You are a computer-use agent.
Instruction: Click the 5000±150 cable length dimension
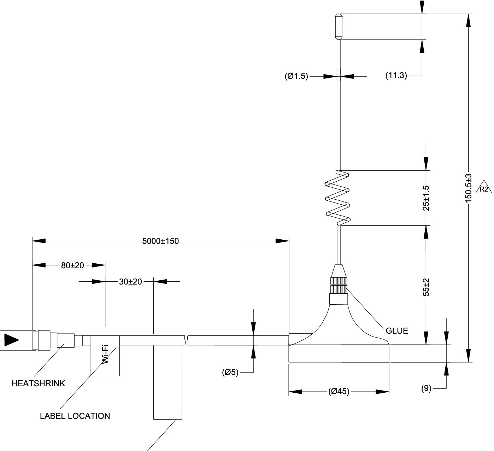coord(160,241)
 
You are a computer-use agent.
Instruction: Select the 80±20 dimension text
coord(72,265)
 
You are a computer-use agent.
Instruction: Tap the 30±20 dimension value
coord(130,282)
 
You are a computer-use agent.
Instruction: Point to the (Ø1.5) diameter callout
coord(296,76)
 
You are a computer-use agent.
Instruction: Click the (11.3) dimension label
coord(396,75)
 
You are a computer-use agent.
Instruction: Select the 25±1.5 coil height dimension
coord(426,198)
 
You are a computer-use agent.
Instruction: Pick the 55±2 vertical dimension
coord(426,287)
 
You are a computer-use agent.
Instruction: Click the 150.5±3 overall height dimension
coord(468,188)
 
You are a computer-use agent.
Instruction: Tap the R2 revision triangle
coord(484,187)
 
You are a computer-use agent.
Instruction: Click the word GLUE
coord(397,331)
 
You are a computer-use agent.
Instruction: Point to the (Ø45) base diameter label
coord(339,391)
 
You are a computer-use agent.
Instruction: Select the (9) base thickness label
coord(426,388)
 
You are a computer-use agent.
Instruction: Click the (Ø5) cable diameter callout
coord(230,373)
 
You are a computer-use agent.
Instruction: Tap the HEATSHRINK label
coord(39,383)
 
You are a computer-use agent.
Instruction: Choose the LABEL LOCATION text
coord(75,416)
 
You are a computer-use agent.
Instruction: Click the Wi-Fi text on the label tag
coord(105,354)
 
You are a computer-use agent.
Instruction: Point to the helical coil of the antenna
coord(337,198)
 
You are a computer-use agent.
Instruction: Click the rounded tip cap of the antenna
coord(339,27)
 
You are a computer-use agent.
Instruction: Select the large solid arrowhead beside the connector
coord(12,340)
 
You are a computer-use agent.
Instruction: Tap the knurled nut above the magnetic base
coord(339,285)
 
